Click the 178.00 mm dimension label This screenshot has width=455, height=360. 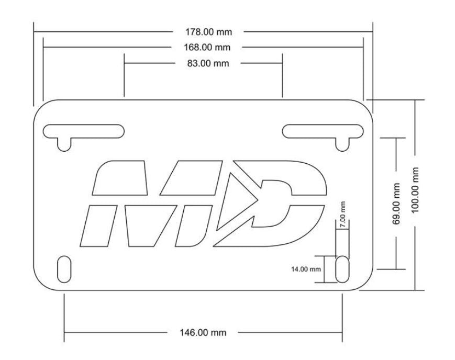[212, 32]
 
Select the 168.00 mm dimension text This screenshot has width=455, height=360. [207, 48]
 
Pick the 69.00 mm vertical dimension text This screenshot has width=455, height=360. [396, 204]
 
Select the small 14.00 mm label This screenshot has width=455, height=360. [306, 269]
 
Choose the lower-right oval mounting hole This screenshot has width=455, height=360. [342, 269]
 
